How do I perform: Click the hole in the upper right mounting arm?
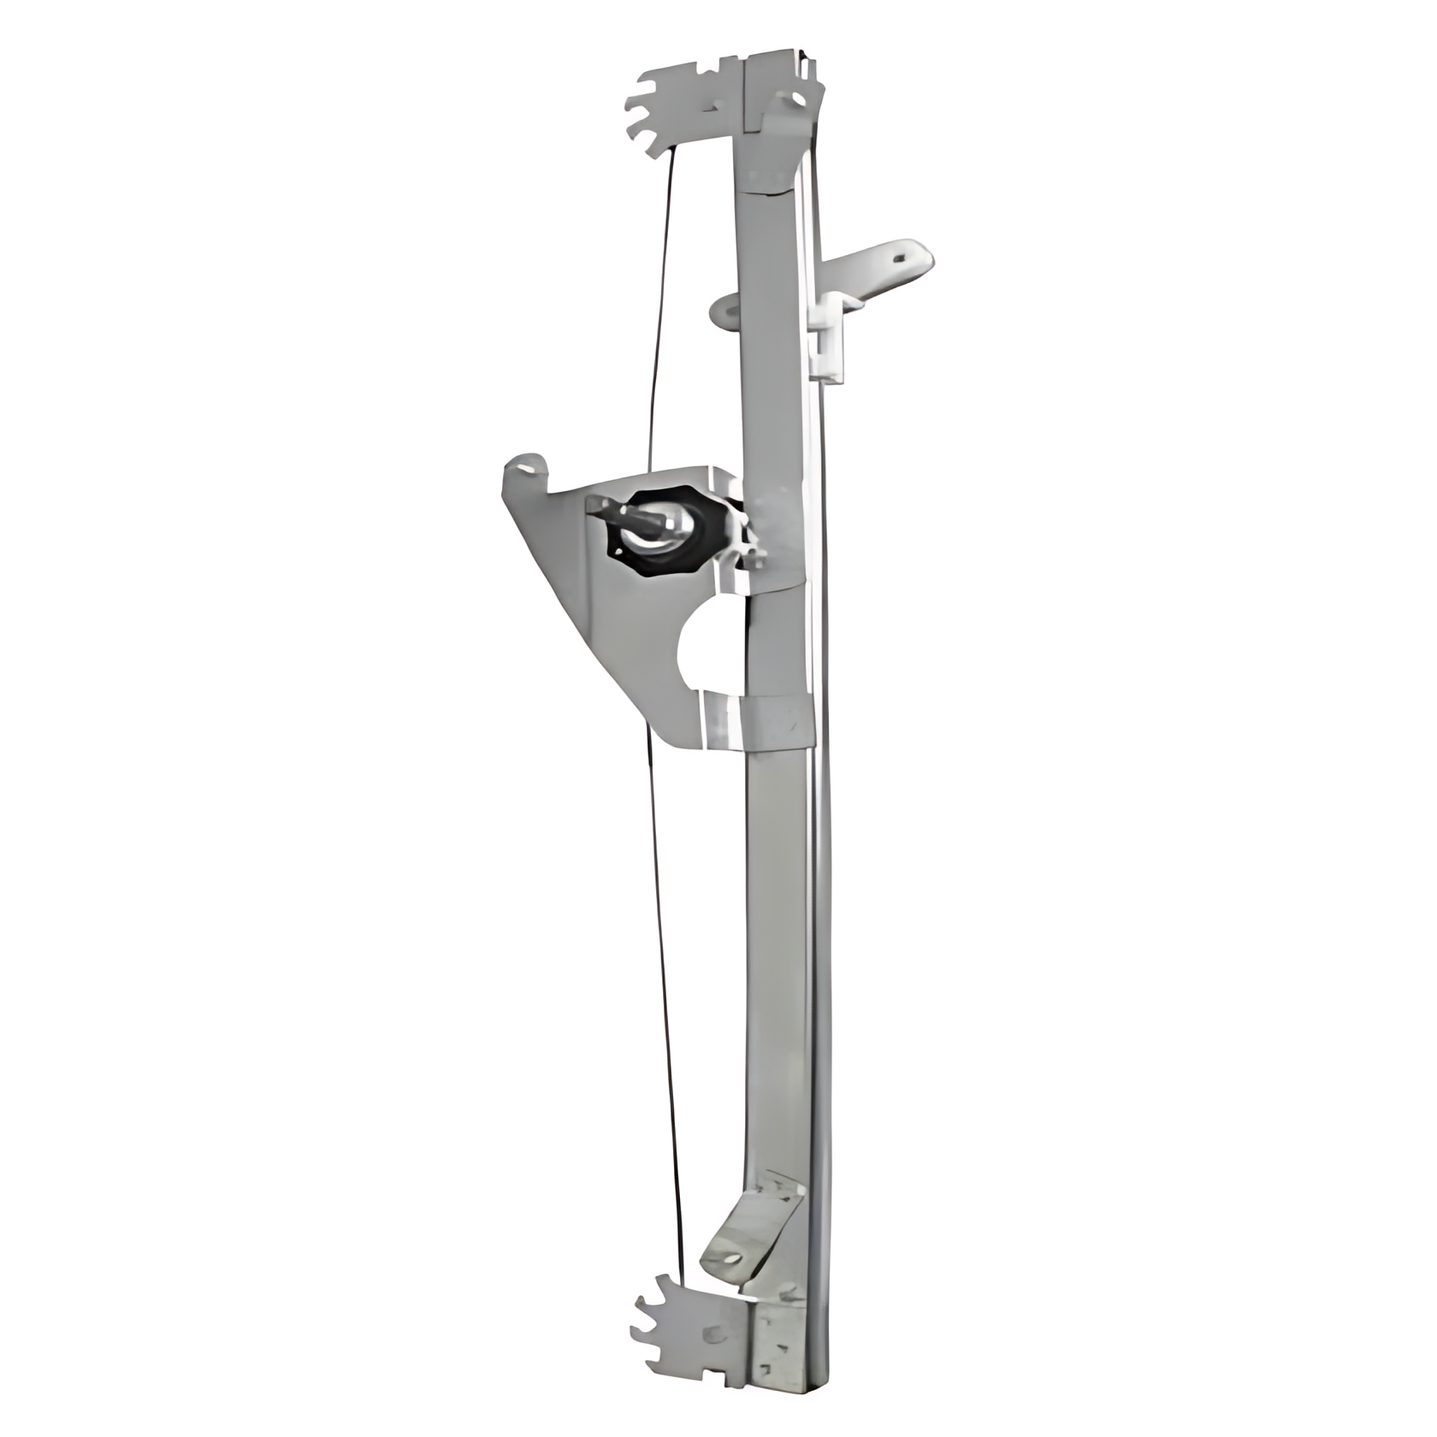(x=899, y=253)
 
